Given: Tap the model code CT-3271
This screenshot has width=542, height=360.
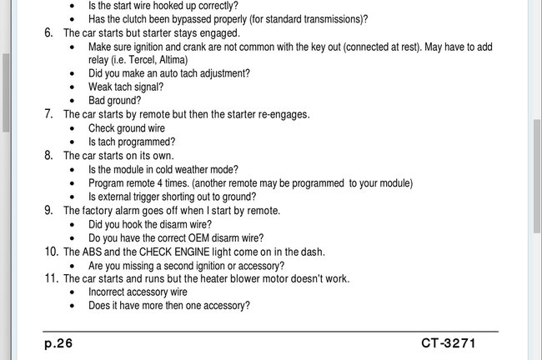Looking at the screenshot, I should (459, 343).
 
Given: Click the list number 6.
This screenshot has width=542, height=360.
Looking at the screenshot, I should (48, 32).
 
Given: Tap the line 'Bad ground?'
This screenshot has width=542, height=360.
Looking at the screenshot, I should (114, 100).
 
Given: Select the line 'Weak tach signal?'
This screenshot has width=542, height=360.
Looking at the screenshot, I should (126, 87).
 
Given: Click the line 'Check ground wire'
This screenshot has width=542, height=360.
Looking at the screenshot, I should (127, 128).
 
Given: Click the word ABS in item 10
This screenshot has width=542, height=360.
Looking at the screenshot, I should (94, 252).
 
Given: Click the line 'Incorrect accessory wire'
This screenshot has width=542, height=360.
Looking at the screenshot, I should (138, 292).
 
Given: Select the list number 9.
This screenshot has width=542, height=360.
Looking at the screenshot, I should (48, 210).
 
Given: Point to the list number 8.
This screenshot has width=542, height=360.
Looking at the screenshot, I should (48, 155).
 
